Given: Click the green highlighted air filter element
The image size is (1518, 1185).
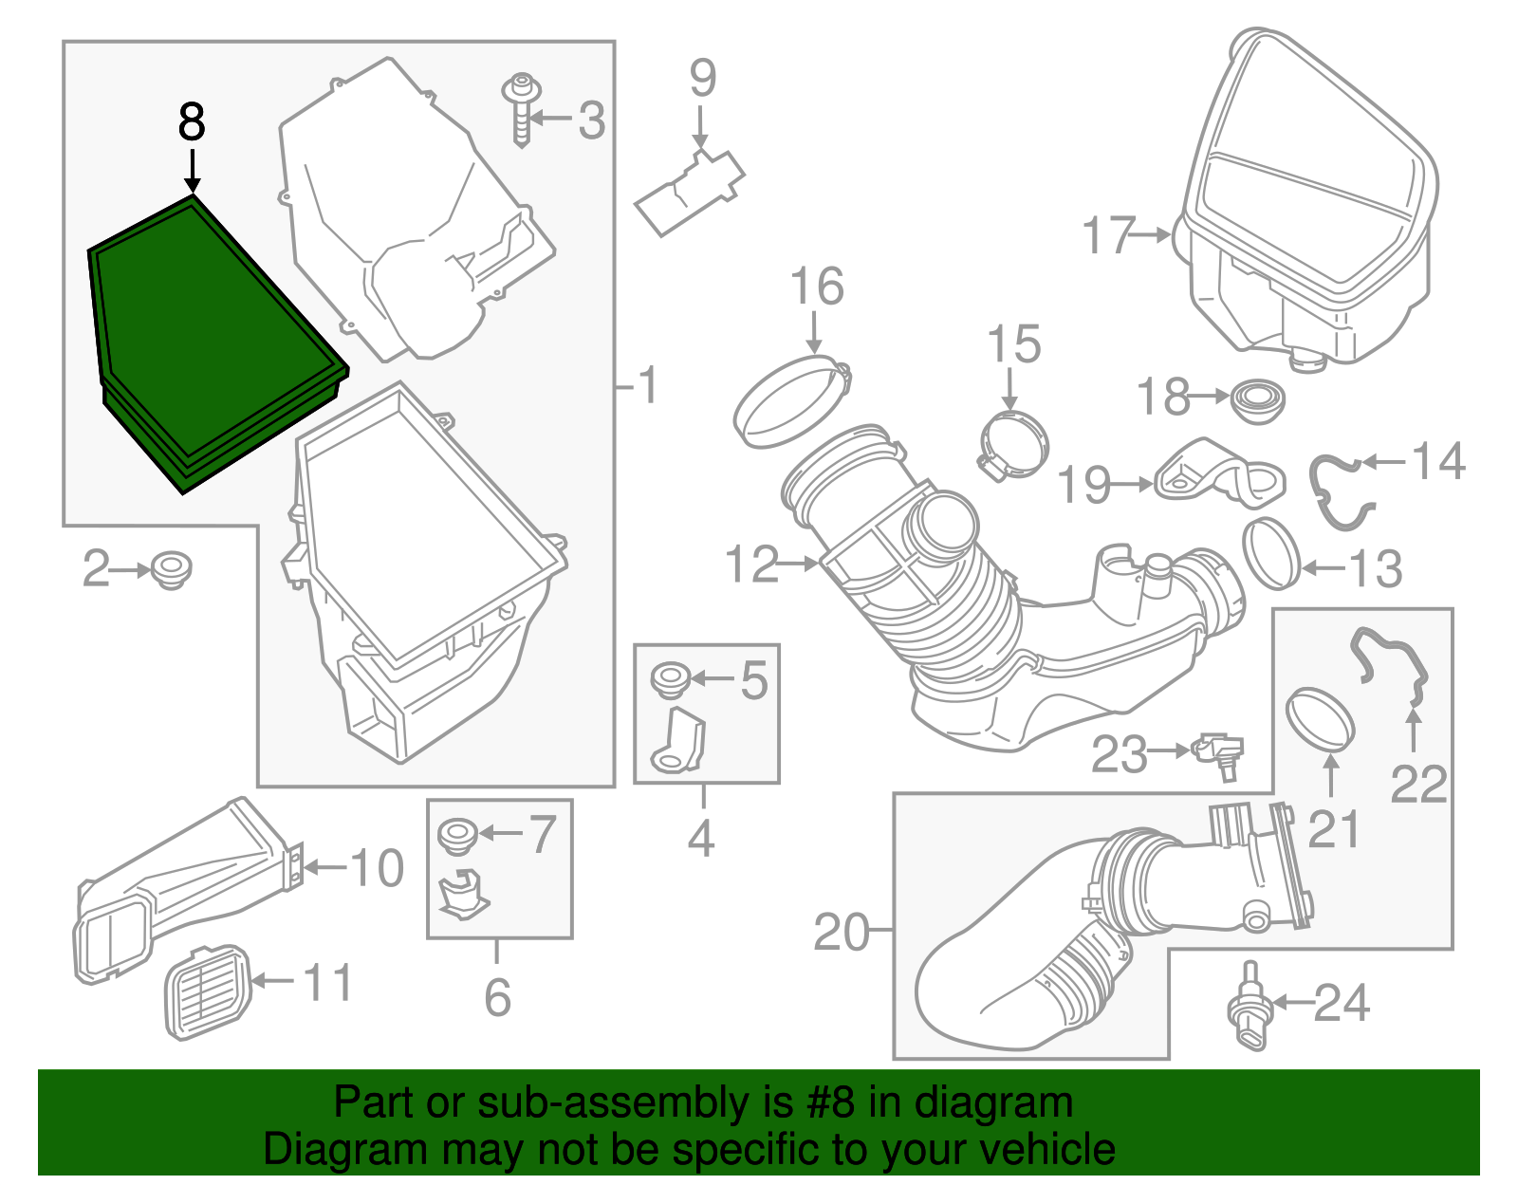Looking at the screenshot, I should [x=213, y=342].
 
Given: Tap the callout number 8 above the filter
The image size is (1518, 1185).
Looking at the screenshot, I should [x=192, y=123].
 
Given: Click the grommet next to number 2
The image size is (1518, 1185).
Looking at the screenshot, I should [x=171, y=569].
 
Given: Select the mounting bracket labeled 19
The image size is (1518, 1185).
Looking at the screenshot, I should [x=1219, y=474].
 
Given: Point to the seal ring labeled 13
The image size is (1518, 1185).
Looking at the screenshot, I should [x=1271, y=554].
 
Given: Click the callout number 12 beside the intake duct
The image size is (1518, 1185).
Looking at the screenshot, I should [x=751, y=565].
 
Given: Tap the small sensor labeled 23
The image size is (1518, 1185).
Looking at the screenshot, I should [x=1219, y=753].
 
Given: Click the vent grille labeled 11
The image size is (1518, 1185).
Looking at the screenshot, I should [x=209, y=992].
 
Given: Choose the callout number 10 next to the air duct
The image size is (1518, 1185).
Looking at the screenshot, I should [x=377, y=867].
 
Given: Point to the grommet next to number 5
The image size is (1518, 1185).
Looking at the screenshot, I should [x=672, y=679].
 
